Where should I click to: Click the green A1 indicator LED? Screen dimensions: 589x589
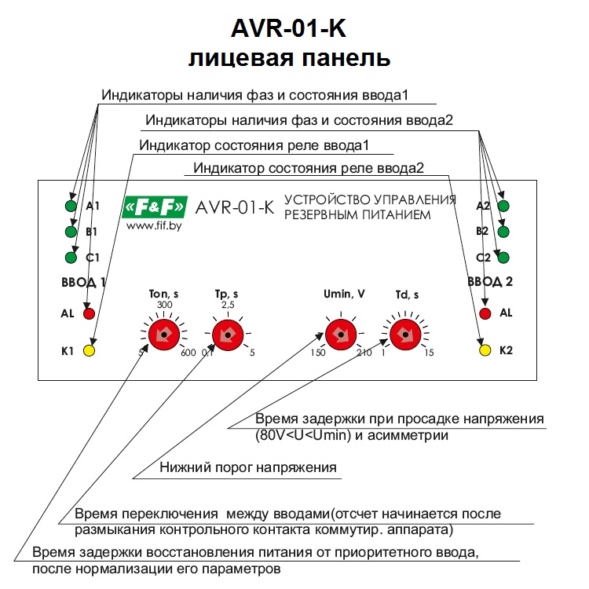71,207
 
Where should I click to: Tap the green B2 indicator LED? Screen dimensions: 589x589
504,232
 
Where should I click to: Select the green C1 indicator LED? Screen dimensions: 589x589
71,258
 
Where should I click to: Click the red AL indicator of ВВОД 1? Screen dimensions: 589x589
90,313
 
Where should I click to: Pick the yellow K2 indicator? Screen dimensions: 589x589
485,350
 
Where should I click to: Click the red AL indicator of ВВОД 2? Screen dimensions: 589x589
485,313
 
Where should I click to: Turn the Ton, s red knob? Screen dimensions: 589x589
164,334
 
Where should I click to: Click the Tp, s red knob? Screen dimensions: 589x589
227,334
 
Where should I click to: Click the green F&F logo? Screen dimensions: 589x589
155,207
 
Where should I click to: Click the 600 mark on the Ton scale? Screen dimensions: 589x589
188,353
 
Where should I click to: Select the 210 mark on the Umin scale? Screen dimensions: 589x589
364,353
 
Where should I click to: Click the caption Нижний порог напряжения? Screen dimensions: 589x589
248,468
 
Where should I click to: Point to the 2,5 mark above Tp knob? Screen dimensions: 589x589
228,305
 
